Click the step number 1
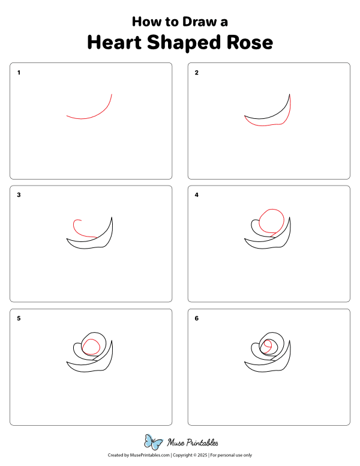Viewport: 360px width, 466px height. point(19,73)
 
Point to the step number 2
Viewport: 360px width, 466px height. point(196,73)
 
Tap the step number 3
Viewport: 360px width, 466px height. point(19,195)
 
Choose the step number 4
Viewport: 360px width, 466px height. point(196,195)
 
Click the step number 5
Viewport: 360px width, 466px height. point(19,318)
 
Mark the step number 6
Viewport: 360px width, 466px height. point(196,318)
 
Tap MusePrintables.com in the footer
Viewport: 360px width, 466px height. point(149,455)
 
